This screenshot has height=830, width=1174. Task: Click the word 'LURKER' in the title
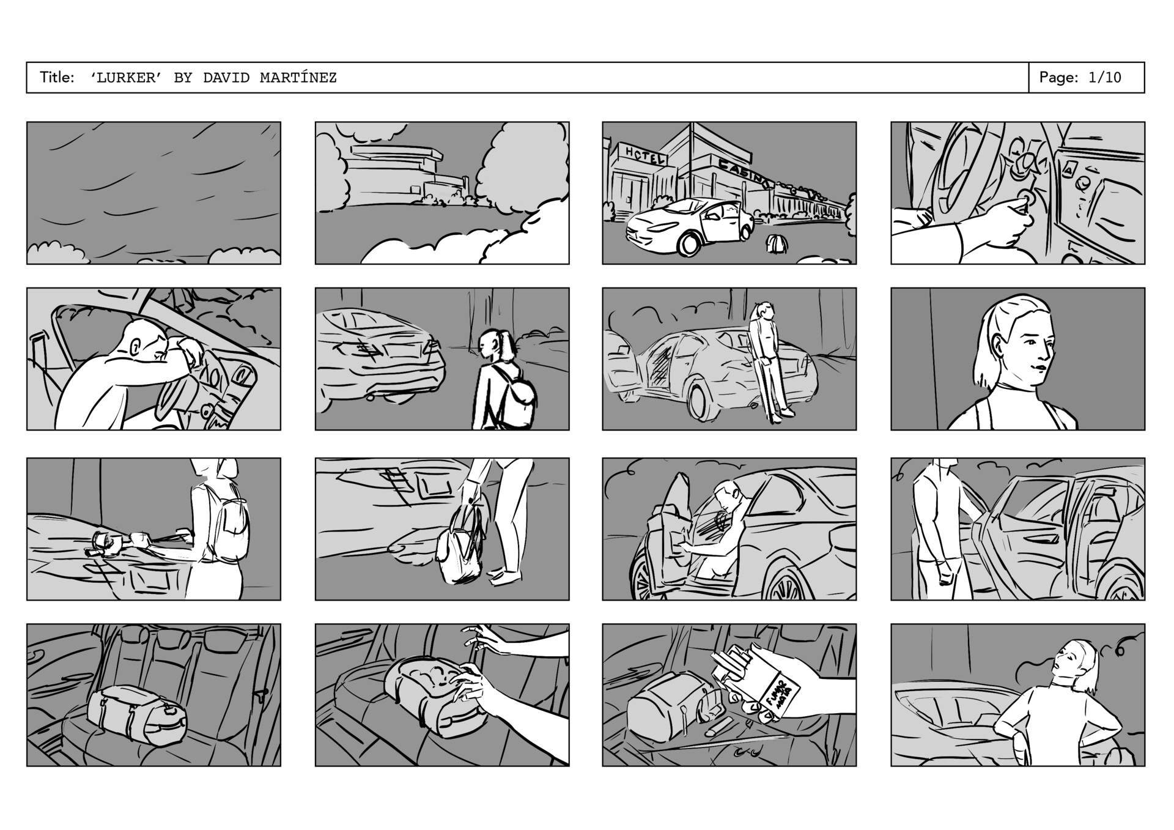point(126,78)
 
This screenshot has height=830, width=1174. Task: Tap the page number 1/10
point(1104,78)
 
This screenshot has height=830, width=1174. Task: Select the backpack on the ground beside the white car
point(777,243)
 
